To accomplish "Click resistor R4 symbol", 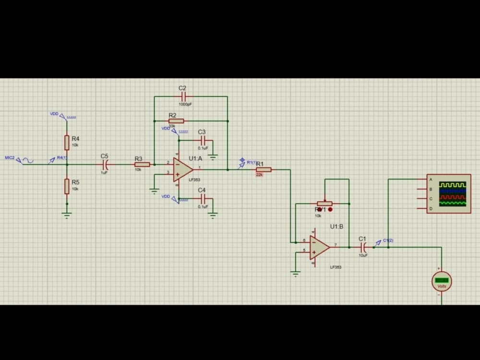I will pos(67,143).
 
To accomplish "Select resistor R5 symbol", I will pos(67,186).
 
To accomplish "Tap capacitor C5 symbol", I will pos(107,165).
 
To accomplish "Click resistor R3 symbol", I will pos(142,165).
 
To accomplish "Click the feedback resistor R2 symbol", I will pos(176,121).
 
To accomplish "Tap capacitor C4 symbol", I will pos(204,198).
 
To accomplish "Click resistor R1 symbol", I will pos(264,169).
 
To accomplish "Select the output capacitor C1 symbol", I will pos(363,248).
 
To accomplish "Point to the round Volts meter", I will pos(442,281).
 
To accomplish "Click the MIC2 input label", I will pos(10,157).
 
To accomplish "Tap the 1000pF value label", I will pos(185,104).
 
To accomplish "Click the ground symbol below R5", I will pos(67,215).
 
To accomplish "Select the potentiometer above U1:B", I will pos(325,203).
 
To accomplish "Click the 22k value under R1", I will pos(259,175).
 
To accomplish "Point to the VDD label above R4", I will pos(54,114).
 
